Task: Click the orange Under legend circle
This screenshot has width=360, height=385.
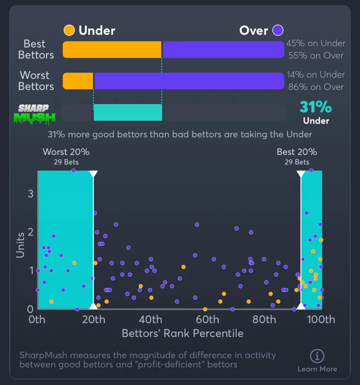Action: [69, 30]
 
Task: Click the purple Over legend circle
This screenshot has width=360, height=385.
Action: [278, 30]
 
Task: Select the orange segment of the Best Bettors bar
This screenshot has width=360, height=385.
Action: [112, 50]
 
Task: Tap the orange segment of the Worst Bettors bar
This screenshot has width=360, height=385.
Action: [78, 81]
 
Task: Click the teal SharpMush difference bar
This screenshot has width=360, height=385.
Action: [128, 112]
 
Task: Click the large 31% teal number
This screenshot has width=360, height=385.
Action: [315, 107]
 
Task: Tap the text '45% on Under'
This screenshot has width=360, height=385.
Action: [316, 43]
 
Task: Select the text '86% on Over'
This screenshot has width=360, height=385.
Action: [316, 87]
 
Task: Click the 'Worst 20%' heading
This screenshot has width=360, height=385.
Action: [66, 152]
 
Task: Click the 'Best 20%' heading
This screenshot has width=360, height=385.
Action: [297, 152]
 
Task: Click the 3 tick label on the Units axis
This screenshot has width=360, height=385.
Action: [31, 194]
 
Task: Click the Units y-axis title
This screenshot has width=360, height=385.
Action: [20, 245]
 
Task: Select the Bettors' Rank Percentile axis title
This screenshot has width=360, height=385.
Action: [183, 333]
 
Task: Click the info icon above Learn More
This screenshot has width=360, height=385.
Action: [317, 356]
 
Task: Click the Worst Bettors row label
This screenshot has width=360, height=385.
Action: [36, 81]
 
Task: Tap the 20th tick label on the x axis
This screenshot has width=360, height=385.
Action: [94, 320]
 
